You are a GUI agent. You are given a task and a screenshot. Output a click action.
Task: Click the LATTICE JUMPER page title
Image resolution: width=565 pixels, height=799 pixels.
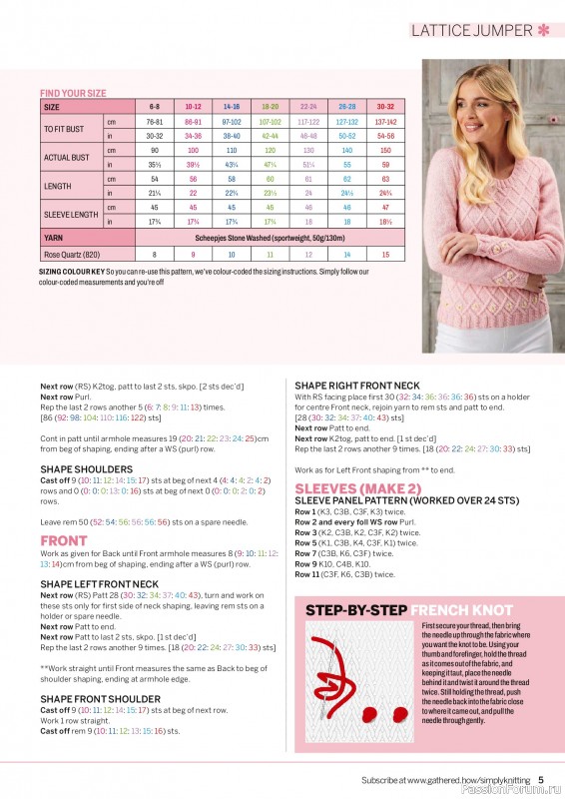[x=471, y=30]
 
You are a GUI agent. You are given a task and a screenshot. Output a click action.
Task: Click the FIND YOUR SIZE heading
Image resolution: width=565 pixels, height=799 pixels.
[x=73, y=93]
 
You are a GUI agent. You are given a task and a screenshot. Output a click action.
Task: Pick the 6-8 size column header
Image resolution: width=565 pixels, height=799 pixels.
[x=155, y=105]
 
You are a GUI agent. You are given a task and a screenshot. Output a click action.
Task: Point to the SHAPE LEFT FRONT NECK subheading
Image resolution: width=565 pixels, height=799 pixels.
[x=99, y=583]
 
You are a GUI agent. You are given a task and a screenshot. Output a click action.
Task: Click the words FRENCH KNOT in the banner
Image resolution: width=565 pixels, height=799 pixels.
[x=457, y=609]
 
